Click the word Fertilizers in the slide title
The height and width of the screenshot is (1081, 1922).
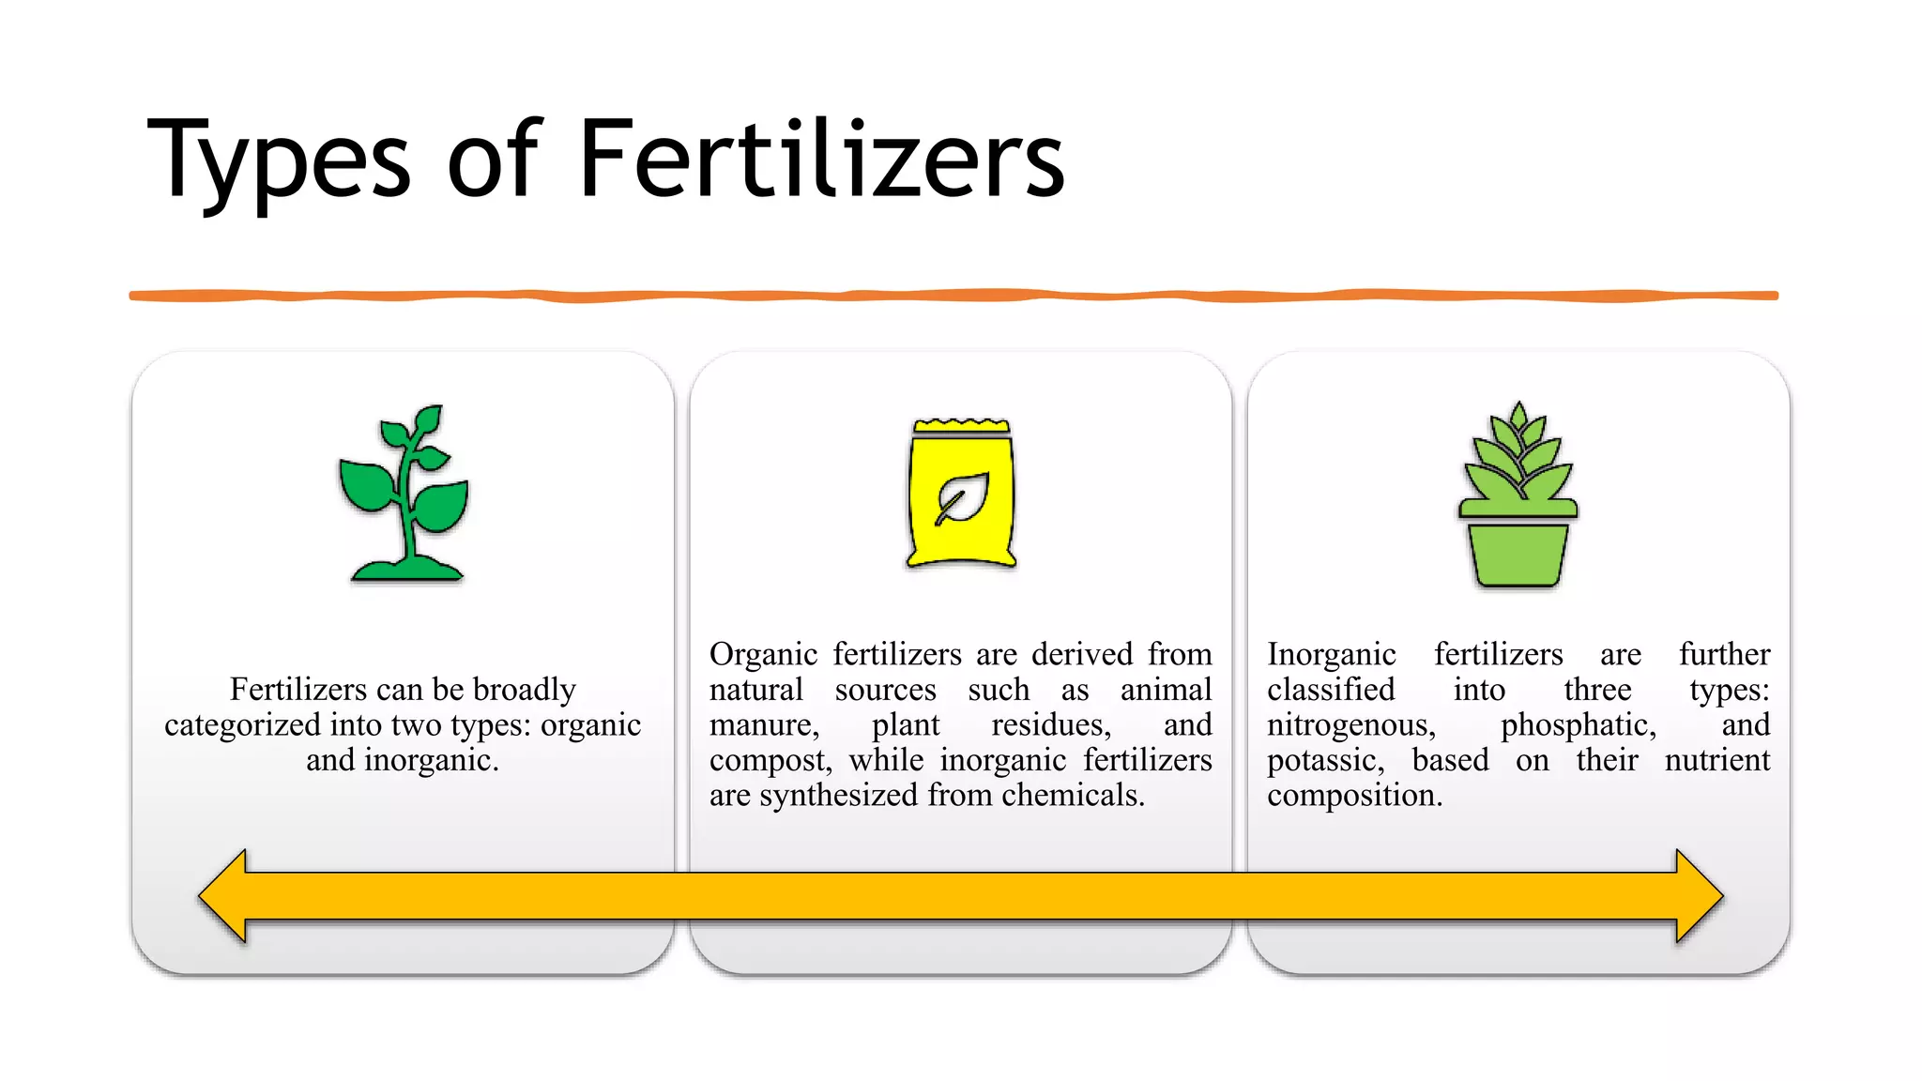pos(821,160)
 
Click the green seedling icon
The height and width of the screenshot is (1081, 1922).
pos(404,494)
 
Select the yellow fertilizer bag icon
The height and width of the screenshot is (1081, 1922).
pos(961,494)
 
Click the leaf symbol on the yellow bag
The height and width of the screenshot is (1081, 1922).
pos(962,498)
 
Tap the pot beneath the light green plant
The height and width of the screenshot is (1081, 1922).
pos(1518,554)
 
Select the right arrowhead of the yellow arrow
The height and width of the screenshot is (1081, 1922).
pos(1698,896)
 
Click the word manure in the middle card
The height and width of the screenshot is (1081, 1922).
pos(763,725)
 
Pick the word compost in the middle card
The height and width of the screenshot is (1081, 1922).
pos(770,761)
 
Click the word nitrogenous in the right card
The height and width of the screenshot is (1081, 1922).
pos(1350,725)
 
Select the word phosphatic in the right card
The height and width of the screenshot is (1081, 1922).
pos(1578,725)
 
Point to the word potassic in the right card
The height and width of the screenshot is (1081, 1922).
pos(1325,761)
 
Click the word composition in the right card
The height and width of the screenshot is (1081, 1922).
pos(1353,796)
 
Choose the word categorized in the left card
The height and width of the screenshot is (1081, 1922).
pos(242,725)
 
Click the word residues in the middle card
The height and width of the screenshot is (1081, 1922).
pos(1051,725)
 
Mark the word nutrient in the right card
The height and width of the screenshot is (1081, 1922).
pos(1716,761)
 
